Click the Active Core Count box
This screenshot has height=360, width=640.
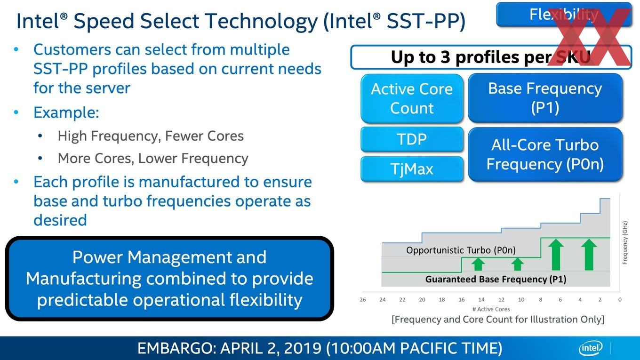412,98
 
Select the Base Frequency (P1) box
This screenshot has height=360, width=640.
545,98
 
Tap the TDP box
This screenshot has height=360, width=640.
412,139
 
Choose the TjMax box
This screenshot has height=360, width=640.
412,169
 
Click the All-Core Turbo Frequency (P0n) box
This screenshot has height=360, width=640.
545,154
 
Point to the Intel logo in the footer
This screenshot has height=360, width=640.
591,348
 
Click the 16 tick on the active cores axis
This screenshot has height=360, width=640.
462,300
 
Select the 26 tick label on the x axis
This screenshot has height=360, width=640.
362,300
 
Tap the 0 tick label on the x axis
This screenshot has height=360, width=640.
620,300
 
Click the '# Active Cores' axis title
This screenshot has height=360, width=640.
491,309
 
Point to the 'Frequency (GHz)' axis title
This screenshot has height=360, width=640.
625,242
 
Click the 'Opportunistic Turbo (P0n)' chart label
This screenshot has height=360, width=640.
461,250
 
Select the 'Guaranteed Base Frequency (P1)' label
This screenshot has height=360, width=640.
496,279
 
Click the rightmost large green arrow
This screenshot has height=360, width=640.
589,255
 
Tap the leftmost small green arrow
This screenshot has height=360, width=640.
478,264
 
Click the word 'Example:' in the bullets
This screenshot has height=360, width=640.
66,112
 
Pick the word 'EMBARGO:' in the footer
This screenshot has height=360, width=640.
176,348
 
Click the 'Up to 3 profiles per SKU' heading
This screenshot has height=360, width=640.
490,57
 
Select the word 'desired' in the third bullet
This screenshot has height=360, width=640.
60,220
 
